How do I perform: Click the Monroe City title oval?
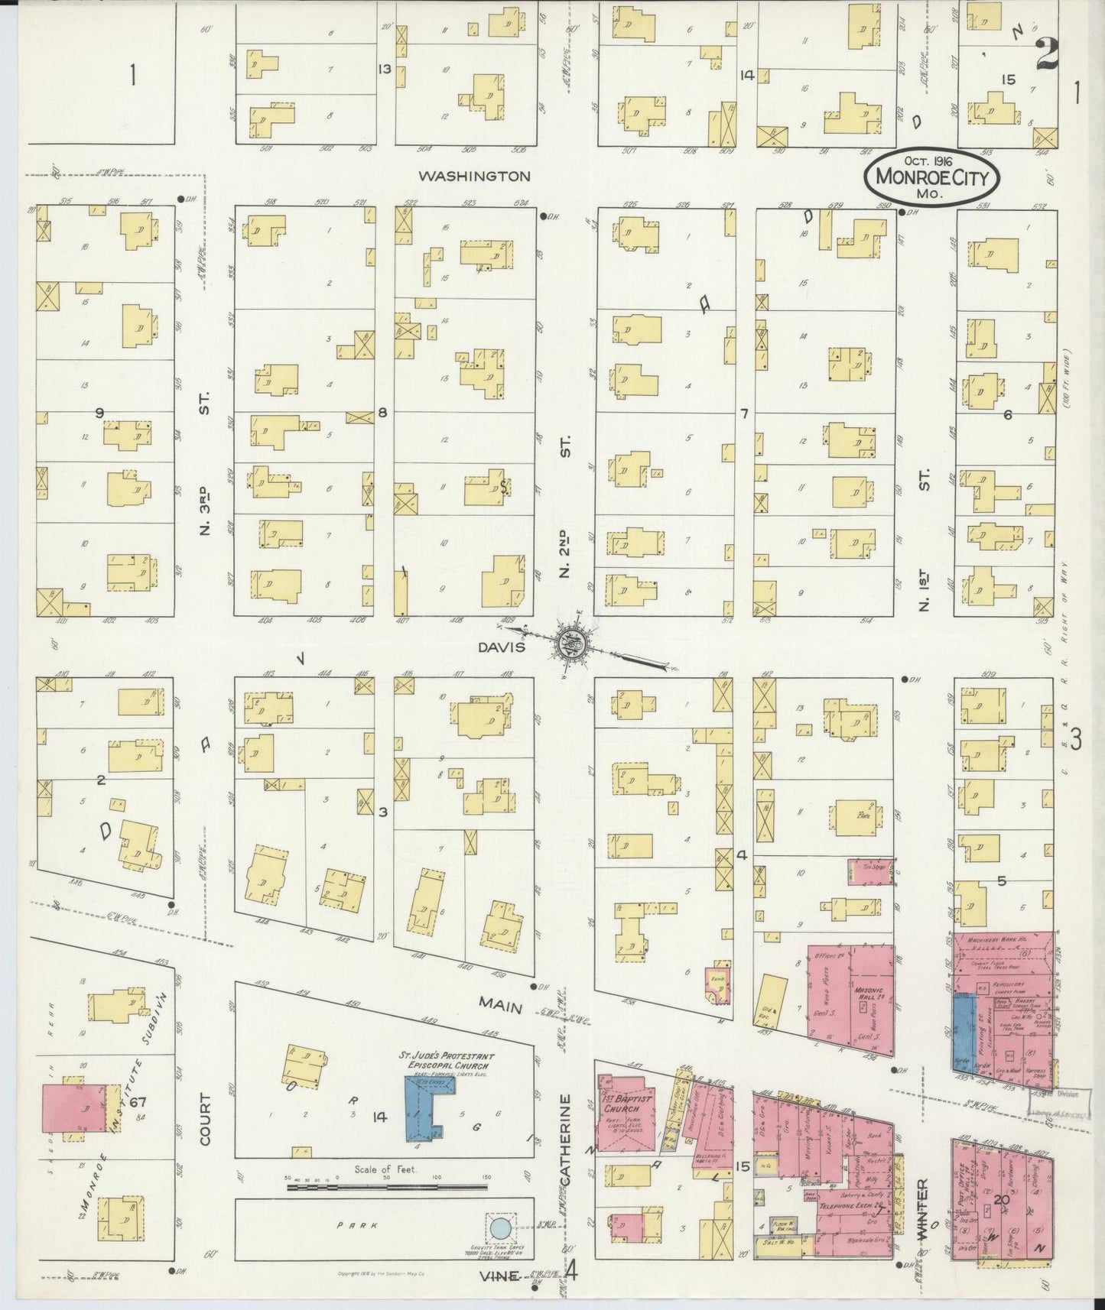coord(931,177)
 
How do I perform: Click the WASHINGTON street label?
coord(474,176)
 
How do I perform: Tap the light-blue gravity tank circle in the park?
coord(499,1229)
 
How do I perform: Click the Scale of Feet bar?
coord(388,1186)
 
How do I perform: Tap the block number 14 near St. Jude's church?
coord(379,1117)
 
